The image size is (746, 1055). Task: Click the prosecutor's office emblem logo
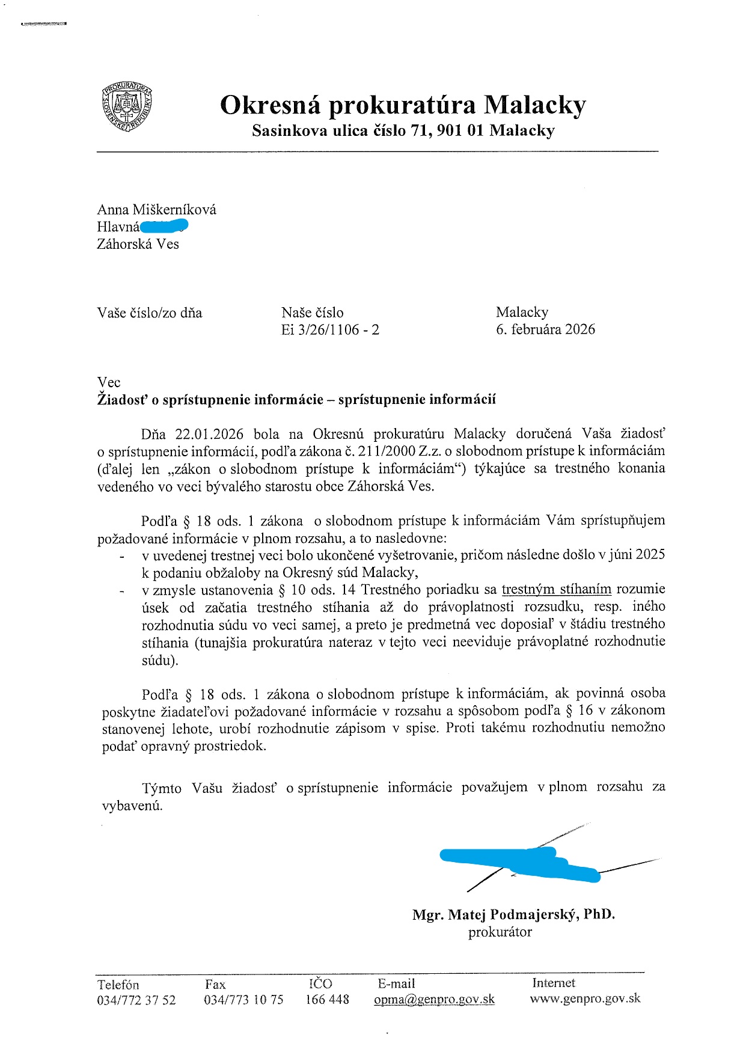coord(127,107)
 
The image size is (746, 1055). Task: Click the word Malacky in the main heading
coord(535,105)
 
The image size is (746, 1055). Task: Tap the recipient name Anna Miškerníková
coord(157,210)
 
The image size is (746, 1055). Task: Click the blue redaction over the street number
coord(164,227)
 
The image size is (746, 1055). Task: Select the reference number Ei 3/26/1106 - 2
coord(330,329)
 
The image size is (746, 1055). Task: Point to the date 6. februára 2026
coord(545,329)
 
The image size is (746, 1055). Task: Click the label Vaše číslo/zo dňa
coord(150,313)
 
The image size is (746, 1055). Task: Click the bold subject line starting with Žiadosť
coord(296,400)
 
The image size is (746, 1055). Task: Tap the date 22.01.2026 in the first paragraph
coord(209,434)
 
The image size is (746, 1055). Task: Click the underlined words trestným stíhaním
coord(556,589)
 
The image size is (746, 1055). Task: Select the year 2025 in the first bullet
coord(650,554)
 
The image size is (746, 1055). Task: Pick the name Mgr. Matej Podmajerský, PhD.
coord(513,914)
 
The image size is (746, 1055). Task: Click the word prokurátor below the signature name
coord(500,932)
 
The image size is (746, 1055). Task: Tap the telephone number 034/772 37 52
coord(136,1000)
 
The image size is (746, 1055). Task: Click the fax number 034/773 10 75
coord(243,1000)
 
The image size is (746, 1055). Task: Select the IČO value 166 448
coord(327,999)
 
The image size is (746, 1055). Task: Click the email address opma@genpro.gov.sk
coord(434,999)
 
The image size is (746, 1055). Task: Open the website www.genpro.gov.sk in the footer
coord(585,998)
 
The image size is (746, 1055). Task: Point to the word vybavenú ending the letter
coord(132,806)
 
